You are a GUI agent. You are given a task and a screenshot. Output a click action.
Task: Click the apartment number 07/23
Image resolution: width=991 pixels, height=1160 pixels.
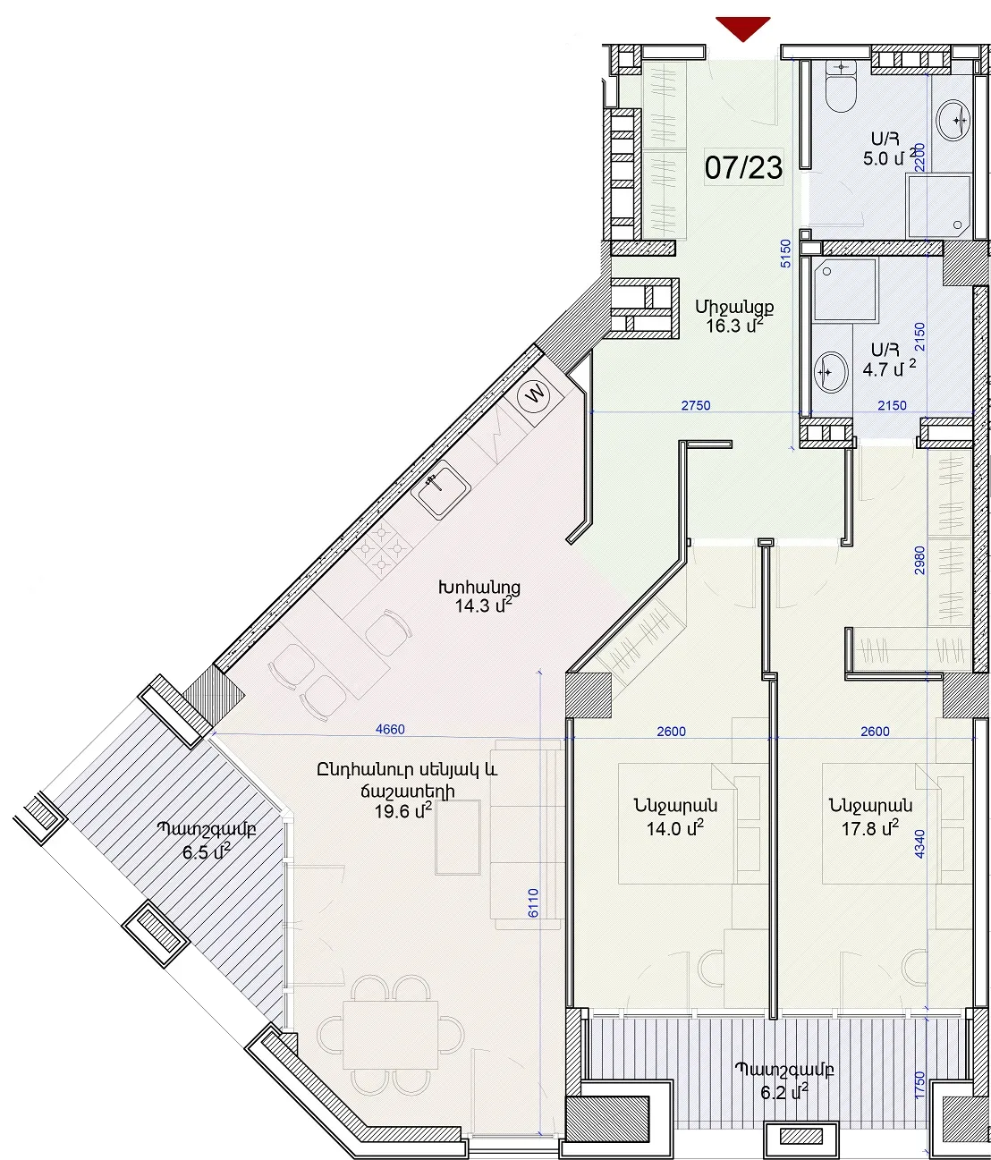coord(743,168)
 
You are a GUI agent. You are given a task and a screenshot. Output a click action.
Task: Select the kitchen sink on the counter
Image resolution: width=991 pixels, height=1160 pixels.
coord(441,489)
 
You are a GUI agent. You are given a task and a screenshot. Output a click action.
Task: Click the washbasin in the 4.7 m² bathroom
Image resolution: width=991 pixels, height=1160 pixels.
coord(831,371)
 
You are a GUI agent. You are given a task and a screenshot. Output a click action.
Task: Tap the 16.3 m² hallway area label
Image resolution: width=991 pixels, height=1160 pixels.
coord(734,325)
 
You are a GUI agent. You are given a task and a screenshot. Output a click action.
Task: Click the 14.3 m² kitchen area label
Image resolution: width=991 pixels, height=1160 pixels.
coord(484,605)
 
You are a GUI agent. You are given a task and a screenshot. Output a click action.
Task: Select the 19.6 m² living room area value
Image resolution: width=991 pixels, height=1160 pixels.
coord(403,810)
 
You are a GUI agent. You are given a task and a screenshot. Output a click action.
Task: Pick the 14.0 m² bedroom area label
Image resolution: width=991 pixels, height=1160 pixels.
coord(675,828)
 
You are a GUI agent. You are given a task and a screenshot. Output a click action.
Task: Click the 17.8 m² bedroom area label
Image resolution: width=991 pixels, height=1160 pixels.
coord(870,828)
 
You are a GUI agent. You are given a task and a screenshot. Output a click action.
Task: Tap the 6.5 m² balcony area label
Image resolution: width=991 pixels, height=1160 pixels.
coord(206,852)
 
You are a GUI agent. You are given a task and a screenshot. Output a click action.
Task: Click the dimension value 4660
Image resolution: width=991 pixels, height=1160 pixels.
coord(390,729)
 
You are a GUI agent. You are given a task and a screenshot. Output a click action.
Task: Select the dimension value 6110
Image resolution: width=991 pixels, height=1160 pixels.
coord(533,903)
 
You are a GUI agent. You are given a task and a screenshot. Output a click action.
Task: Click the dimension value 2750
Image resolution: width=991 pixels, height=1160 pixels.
coord(696,405)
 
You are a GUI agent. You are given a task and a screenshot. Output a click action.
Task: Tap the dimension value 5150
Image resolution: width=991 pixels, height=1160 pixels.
coord(785,254)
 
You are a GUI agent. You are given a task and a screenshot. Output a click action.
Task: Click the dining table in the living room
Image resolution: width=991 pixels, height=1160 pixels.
coord(391,1035)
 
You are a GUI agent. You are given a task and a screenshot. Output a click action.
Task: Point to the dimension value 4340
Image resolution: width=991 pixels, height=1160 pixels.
coord(919,843)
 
